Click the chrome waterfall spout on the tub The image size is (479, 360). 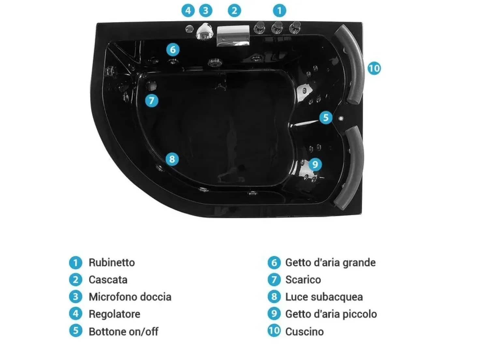233,36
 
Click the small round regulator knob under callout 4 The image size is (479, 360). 189,29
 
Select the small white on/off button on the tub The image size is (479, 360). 341,119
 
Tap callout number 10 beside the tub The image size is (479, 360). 374,68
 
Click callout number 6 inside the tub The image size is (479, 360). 173,50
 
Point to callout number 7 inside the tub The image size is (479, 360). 152,101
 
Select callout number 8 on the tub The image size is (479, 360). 172,159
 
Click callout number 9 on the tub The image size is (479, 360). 315,164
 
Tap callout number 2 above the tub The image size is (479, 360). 234,10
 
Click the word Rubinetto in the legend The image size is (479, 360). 112,262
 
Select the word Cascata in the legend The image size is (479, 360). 108,280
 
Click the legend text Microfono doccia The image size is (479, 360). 130,297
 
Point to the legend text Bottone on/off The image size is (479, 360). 123,332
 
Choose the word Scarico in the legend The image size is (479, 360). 303,280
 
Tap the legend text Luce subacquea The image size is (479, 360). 324,297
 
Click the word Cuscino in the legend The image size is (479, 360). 304,332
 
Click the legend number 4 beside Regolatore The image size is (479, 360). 76,314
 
